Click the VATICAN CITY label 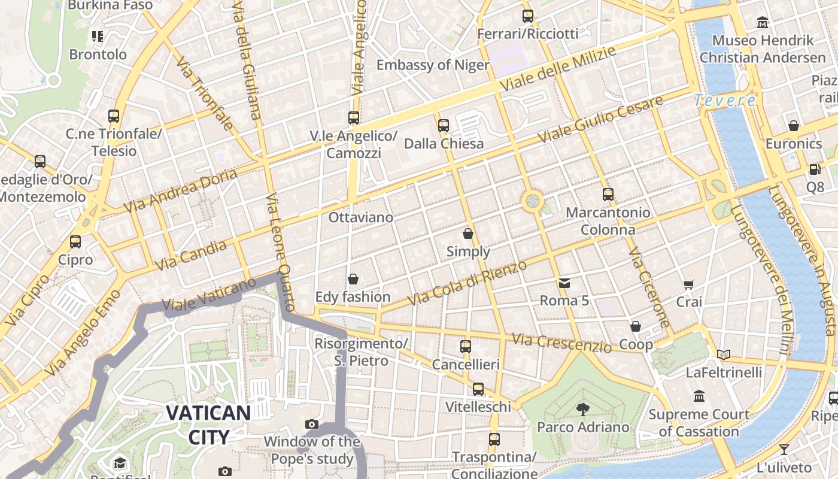pyautogui.click(x=208, y=425)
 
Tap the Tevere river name pyautogui.click(x=725, y=101)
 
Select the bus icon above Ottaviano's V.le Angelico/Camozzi pyautogui.click(x=354, y=117)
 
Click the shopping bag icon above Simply pyautogui.click(x=468, y=233)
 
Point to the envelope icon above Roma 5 pyautogui.click(x=564, y=283)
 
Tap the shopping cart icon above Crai pyautogui.click(x=689, y=284)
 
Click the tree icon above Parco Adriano pyautogui.click(x=582, y=409)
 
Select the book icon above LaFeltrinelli pyautogui.click(x=724, y=354)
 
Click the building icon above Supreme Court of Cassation pyautogui.click(x=699, y=396)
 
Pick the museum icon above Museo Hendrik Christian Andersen pyautogui.click(x=763, y=23)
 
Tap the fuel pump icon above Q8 pyautogui.click(x=815, y=169)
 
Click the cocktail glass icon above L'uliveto pyautogui.click(x=784, y=449)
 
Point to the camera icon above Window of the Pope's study pyautogui.click(x=312, y=424)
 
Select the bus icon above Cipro pyautogui.click(x=75, y=242)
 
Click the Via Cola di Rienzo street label pyautogui.click(x=467, y=283)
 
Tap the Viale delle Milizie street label pyautogui.click(x=557, y=69)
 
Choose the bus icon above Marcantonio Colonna pyautogui.click(x=608, y=194)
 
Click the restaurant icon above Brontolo pyautogui.click(x=98, y=37)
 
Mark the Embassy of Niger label pyautogui.click(x=432, y=65)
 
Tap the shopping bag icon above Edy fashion pyautogui.click(x=353, y=279)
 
